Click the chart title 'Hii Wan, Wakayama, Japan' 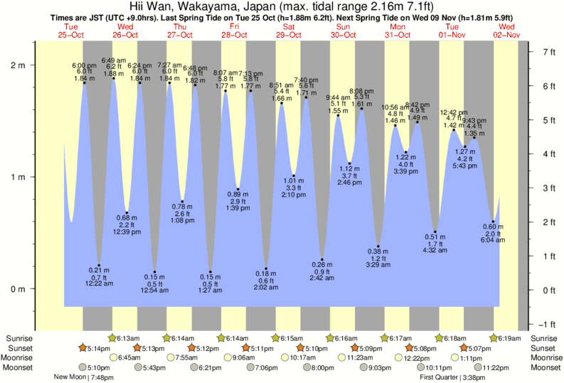pos(206,6)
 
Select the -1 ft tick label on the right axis pos(546,323)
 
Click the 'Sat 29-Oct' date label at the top pos(287,31)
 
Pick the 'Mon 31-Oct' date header pos(398,31)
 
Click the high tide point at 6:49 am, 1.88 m pos(114,78)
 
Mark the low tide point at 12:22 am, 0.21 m pos(99,265)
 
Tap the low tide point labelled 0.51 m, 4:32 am pos(435,232)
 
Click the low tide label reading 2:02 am pos(266,288)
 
